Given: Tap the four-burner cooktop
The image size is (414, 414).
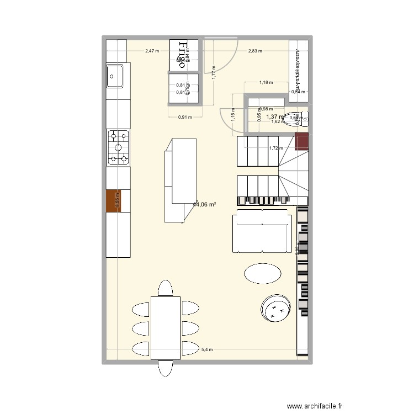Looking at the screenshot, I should [118, 147].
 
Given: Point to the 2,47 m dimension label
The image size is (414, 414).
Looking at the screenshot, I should [152, 51].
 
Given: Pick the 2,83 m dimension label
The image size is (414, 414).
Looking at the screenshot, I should [255, 51].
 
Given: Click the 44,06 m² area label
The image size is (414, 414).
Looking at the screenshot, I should [204, 204].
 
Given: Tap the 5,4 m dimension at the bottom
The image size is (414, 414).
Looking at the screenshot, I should [206, 349].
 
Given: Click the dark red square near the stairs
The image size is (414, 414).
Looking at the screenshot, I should [302, 141].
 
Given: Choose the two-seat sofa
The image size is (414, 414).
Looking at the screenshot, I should [262, 233].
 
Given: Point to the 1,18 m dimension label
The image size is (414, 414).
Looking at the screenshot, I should [267, 83].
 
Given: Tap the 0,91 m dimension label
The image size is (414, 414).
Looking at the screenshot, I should [185, 116].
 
